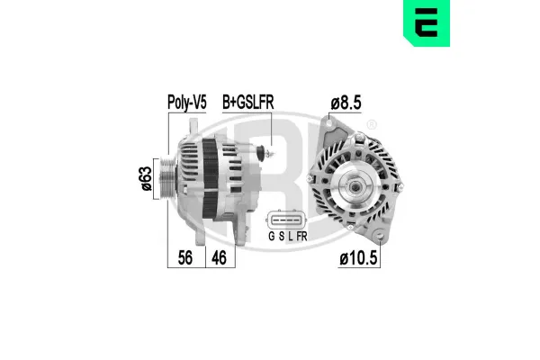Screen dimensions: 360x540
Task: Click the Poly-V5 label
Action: (188, 103)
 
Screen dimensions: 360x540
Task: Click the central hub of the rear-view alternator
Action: (354, 187)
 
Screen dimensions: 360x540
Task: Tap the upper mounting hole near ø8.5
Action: (334, 125)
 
